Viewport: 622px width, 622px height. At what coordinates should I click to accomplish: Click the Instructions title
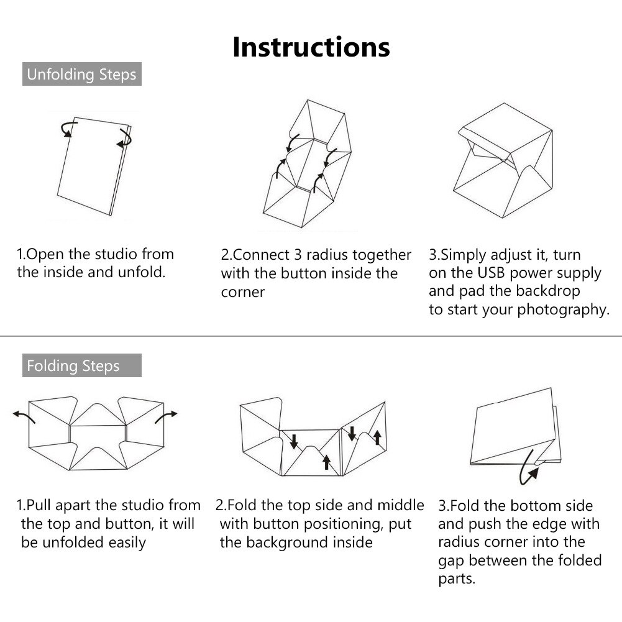click(311, 47)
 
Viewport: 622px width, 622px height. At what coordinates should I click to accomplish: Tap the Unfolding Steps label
click(82, 74)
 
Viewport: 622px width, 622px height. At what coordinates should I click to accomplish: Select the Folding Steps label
click(82, 365)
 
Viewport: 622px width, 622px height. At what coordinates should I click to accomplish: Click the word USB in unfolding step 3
click(492, 273)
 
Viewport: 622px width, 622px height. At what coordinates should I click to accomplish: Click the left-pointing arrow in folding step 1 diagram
click(24, 416)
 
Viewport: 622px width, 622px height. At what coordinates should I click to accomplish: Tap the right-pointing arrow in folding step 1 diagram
click(166, 416)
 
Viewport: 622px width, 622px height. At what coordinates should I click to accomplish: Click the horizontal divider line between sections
click(311, 336)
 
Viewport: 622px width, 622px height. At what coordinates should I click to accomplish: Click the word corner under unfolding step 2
click(243, 292)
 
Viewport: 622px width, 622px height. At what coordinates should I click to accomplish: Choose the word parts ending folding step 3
click(456, 580)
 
